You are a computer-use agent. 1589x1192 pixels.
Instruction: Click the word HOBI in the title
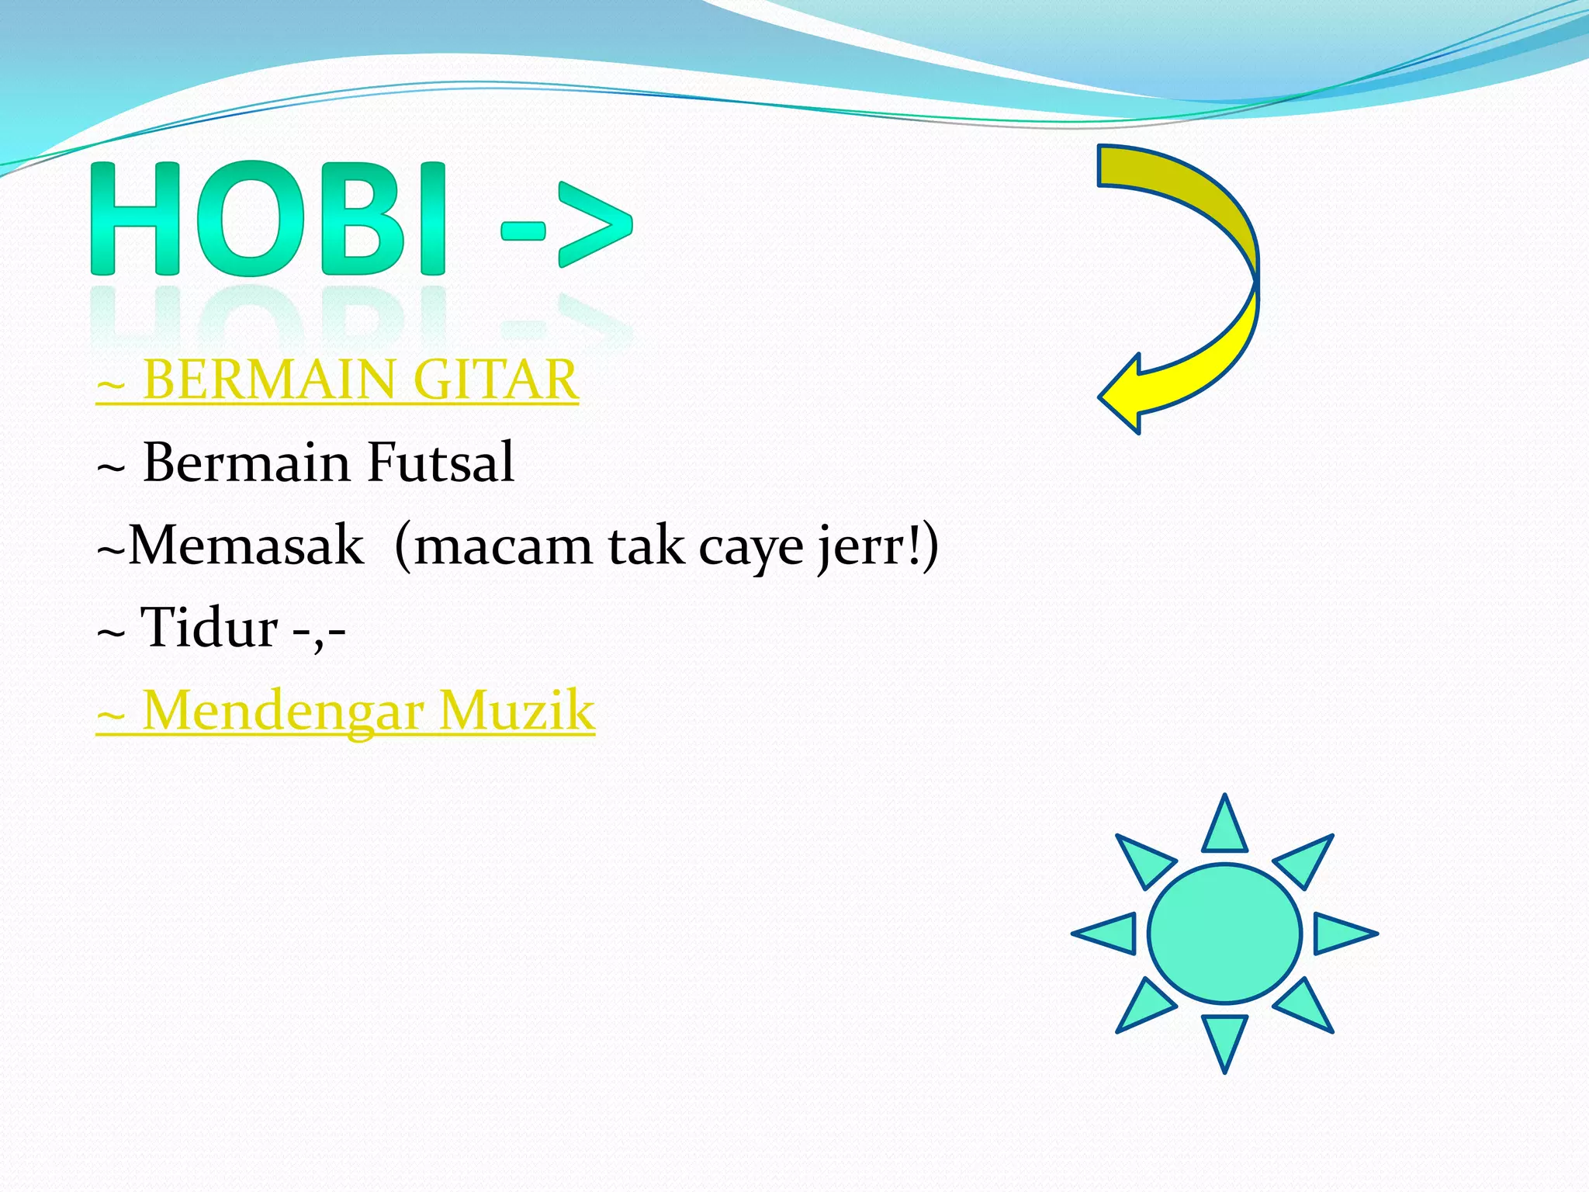point(268,219)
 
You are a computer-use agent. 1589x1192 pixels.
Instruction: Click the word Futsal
point(440,463)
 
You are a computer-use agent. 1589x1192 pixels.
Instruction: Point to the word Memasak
point(246,546)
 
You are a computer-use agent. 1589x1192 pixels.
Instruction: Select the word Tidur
point(209,628)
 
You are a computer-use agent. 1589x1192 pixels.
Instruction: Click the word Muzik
point(516,711)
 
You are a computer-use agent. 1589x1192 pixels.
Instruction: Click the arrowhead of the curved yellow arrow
point(1123,394)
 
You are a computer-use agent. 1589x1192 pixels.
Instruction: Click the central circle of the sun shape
point(1224,934)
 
